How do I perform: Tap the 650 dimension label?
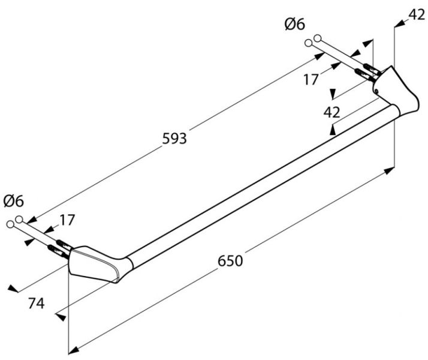229,261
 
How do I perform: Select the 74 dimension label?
37,304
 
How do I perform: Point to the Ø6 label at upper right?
294,24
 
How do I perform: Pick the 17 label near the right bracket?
311,79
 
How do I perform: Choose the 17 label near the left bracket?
67,220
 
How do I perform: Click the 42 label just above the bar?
331,112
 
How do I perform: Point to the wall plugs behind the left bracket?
57,247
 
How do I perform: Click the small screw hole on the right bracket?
376,91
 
